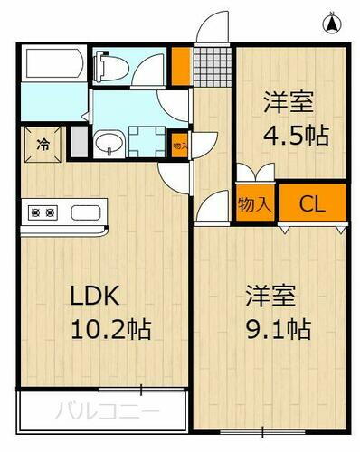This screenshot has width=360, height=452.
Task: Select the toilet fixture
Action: [x=108, y=65]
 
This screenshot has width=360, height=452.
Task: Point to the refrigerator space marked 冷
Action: [x=43, y=143]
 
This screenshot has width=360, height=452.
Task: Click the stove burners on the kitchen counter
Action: [x=43, y=214]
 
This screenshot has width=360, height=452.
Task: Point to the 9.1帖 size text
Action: [x=279, y=329]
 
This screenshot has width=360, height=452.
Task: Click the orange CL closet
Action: [x=312, y=203]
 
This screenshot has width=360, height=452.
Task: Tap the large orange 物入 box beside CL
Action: [x=255, y=203]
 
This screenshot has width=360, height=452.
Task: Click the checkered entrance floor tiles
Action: [x=212, y=64]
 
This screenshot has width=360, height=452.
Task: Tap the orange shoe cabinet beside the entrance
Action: [x=182, y=64]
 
